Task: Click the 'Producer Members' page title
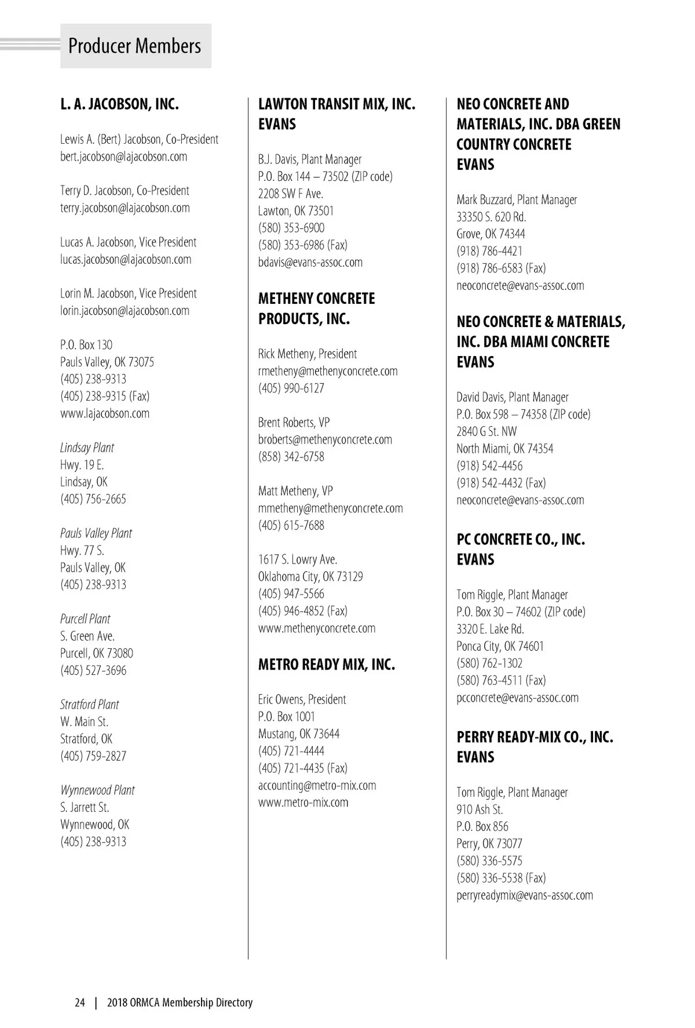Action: click(134, 46)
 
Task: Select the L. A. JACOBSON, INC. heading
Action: click(119, 104)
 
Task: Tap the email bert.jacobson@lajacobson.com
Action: click(123, 157)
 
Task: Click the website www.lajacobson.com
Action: click(105, 413)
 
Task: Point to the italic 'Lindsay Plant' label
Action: click(87, 448)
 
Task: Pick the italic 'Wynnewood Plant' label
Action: click(97, 790)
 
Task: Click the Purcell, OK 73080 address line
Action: click(97, 653)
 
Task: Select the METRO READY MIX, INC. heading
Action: click(327, 664)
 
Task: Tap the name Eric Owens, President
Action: click(302, 699)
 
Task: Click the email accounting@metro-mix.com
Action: click(317, 786)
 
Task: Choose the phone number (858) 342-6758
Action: click(291, 457)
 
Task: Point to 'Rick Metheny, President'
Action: click(308, 354)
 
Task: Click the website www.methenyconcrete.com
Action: click(317, 628)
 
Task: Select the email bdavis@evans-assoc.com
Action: click(310, 262)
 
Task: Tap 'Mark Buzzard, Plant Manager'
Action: click(517, 200)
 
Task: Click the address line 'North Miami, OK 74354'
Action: click(504, 449)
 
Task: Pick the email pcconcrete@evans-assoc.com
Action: click(517, 698)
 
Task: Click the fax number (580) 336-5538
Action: click(501, 878)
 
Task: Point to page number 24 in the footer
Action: click(80, 1002)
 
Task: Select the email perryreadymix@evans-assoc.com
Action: click(524, 895)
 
